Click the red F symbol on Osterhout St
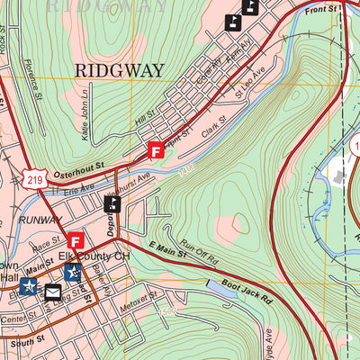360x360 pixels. point(157,151)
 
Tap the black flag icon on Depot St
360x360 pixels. point(112,203)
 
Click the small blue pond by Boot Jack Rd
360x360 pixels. point(221,286)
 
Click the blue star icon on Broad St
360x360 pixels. point(73,273)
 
